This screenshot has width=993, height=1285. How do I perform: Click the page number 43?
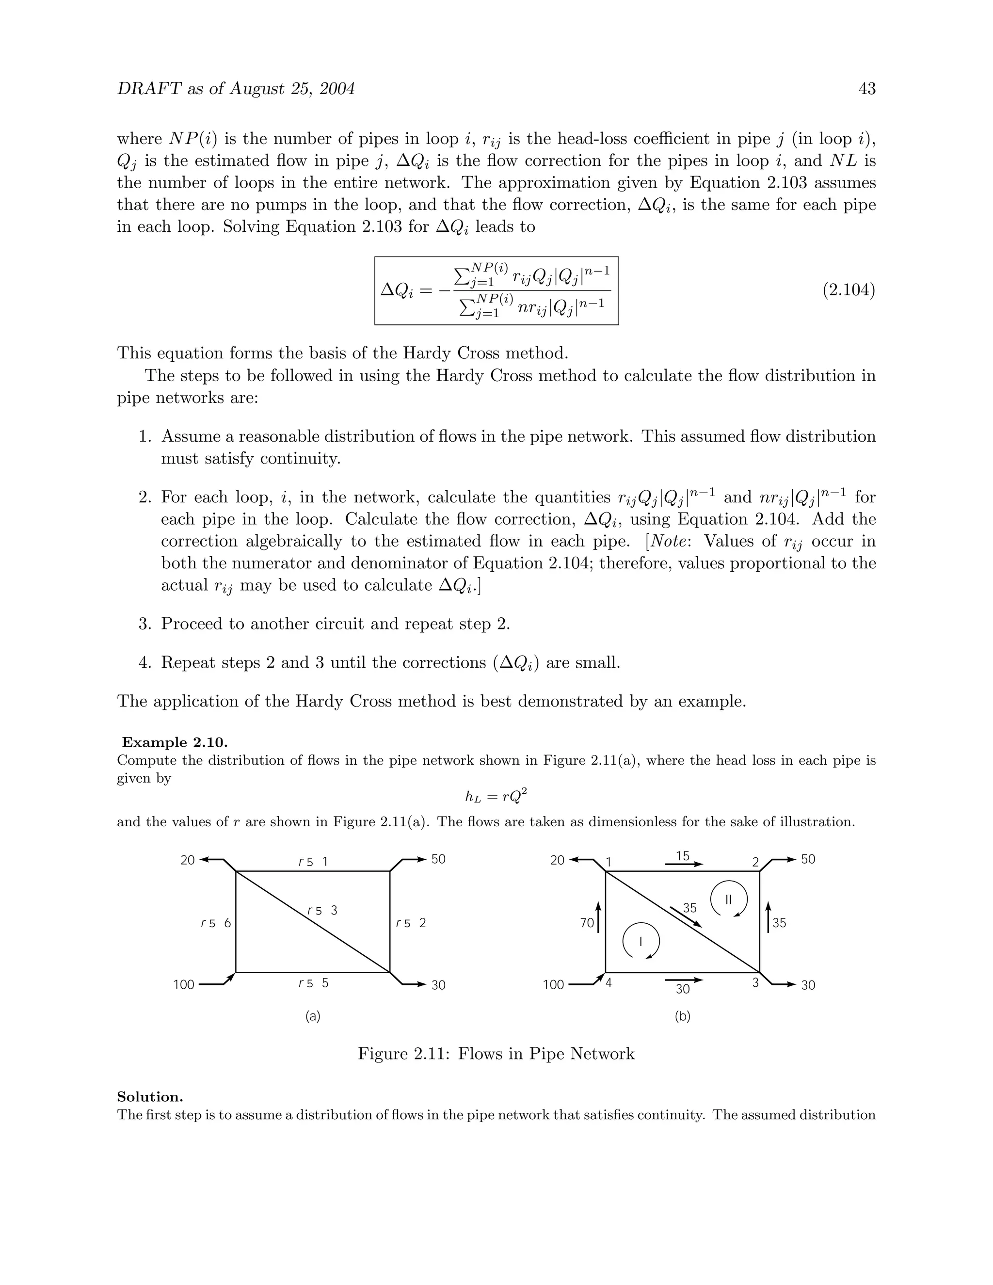pos(867,89)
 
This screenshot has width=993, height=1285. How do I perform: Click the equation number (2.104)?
pos(849,290)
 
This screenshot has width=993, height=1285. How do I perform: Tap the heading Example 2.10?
pos(175,742)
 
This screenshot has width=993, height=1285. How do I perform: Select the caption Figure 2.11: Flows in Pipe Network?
pos(496,1053)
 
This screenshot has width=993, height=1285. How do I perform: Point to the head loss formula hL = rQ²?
pos(496,797)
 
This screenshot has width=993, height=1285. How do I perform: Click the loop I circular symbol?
pos(641,941)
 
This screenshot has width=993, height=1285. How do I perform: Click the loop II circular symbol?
pos(728,899)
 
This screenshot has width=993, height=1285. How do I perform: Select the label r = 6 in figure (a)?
pos(216,924)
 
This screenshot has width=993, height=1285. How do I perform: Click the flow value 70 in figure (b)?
pos(587,923)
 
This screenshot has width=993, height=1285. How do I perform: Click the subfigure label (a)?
pos(313,1016)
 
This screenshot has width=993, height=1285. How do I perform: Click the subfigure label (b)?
pos(682,1016)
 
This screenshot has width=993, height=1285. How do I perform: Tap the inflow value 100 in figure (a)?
pos(184,985)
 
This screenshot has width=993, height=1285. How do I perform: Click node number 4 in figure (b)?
pos(609,982)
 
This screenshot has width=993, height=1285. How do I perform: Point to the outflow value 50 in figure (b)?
pos(808,859)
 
